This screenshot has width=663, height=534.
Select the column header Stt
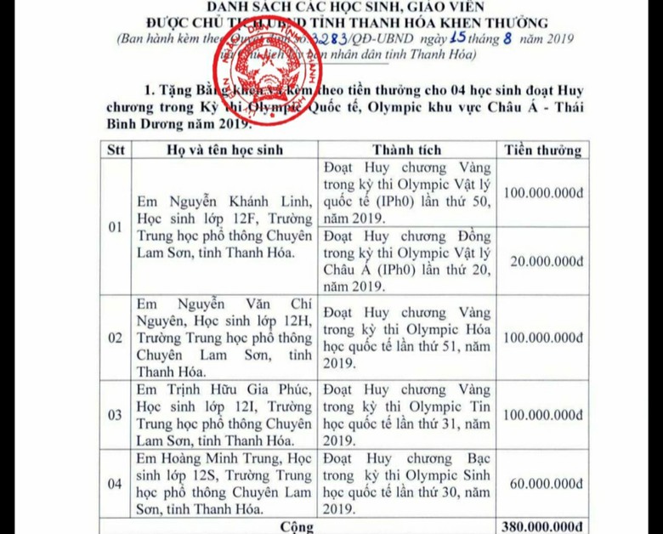pos(115,150)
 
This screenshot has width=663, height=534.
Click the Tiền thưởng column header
pos(542,150)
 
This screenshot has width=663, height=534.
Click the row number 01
pos(115,228)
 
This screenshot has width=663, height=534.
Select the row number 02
pos(115,338)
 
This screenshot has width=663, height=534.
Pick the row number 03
pos(115,415)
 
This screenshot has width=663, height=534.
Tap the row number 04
pos(115,484)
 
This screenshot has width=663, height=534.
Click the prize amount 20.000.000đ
pos(544,262)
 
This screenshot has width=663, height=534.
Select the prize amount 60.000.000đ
pos(544,484)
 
